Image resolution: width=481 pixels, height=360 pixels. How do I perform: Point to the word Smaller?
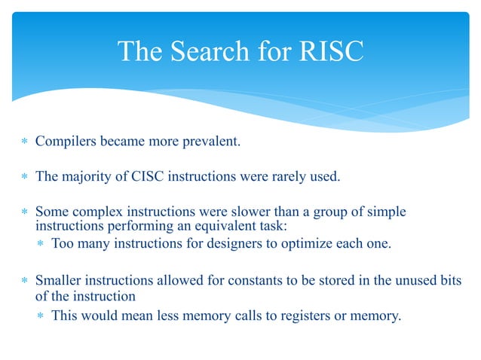[59, 281]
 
